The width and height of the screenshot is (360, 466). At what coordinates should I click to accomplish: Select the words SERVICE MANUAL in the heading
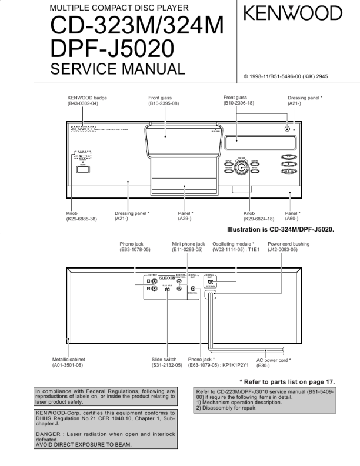click(x=118, y=69)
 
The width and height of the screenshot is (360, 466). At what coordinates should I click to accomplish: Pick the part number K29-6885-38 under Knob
click(x=82, y=219)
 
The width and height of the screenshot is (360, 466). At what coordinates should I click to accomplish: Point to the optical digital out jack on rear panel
click(x=210, y=281)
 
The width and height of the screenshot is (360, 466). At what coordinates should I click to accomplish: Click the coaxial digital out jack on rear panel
click(x=194, y=288)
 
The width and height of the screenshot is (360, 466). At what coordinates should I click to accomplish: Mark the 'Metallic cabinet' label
click(x=70, y=360)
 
